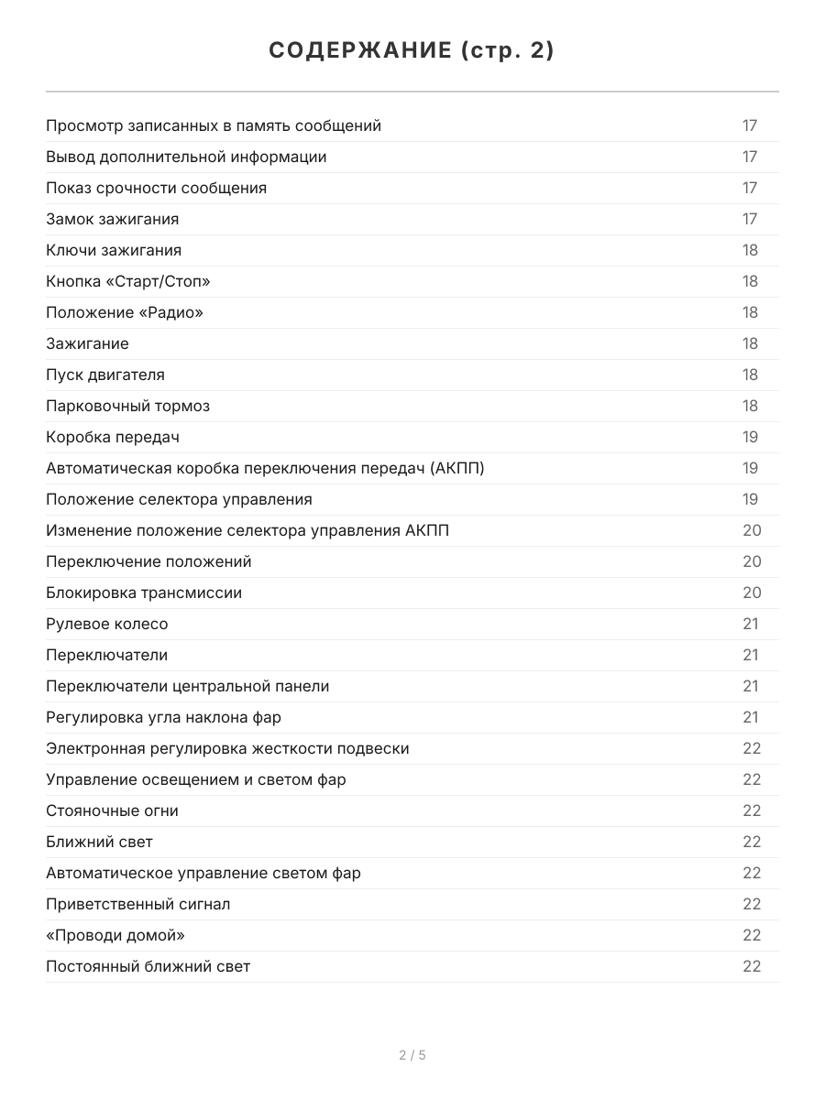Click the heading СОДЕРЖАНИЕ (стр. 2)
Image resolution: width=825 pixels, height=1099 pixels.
(x=412, y=51)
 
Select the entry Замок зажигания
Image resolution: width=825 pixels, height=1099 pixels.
(x=112, y=219)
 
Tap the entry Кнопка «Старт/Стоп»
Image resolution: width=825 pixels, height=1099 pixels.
(x=134, y=281)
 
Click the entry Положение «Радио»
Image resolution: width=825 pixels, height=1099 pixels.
(x=125, y=312)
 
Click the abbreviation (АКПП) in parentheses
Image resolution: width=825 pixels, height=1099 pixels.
(x=456, y=468)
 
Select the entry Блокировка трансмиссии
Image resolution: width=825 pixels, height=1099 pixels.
(x=144, y=593)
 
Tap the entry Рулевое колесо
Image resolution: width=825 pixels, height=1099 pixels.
(x=107, y=624)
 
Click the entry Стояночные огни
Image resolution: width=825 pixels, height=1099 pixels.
(x=112, y=811)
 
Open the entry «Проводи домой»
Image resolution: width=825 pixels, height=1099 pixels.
(x=115, y=935)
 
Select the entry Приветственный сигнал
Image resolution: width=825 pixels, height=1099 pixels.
(x=137, y=904)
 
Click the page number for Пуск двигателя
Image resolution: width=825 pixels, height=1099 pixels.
(x=750, y=375)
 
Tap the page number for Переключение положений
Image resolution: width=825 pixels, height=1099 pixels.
(x=752, y=561)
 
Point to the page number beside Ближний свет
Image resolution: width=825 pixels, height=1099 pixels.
(x=752, y=842)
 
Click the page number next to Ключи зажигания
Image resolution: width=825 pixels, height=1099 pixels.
(x=750, y=250)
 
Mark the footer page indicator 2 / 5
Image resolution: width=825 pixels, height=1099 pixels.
(x=412, y=1055)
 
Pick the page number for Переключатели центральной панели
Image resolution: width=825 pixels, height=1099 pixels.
(x=750, y=686)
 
